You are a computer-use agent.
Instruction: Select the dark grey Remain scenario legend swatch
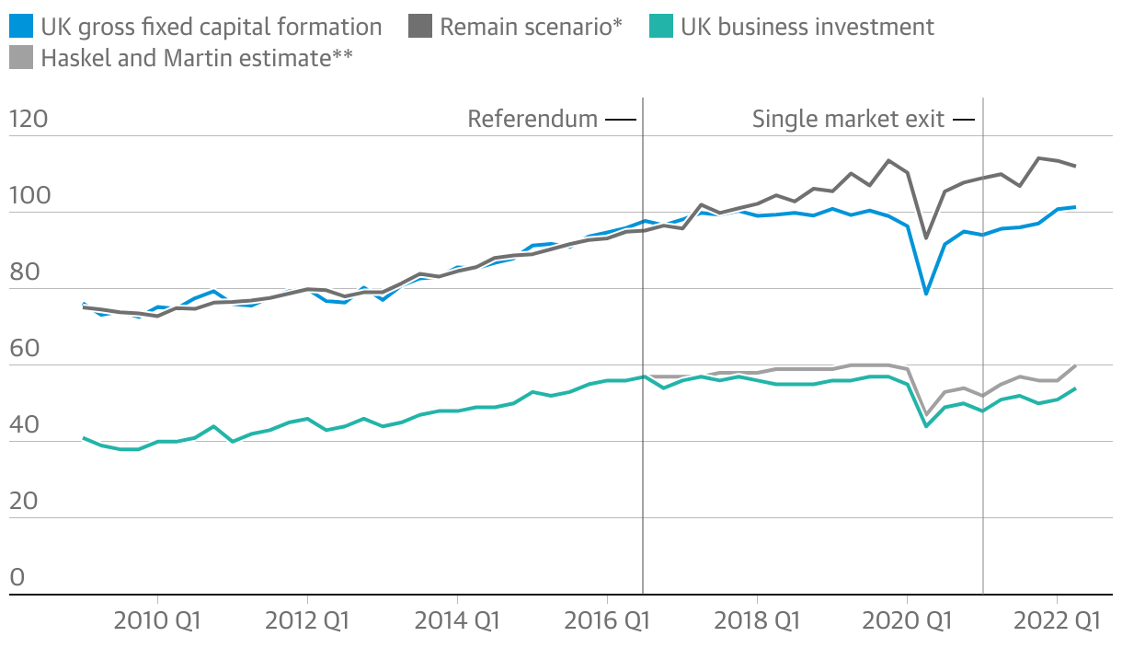click(419, 27)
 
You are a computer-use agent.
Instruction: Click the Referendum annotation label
click(532, 120)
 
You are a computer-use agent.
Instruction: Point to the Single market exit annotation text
click(848, 120)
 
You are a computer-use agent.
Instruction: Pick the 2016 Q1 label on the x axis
click(606, 621)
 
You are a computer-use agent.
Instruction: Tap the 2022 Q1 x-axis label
click(1056, 621)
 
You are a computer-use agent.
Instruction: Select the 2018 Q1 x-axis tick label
click(756, 621)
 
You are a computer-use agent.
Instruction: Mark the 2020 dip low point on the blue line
click(926, 294)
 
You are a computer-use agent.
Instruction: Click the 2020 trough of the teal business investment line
click(926, 426)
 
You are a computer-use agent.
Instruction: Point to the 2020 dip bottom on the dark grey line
click(926, 238)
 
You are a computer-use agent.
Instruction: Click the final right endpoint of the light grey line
click(1075, 365)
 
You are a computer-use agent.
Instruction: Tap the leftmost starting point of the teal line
click(84, 438)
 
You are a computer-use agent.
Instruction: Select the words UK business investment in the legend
click(807, 27)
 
